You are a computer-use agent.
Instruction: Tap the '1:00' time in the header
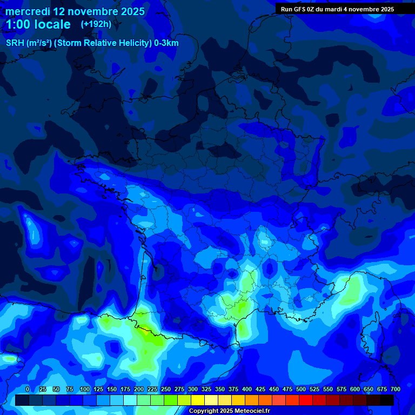[17, 24]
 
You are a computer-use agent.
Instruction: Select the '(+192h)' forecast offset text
[96, 24]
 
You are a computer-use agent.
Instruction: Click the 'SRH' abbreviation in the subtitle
[15, 43]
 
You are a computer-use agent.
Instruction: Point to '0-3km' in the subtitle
[166, 43]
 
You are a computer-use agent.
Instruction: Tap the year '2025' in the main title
[129, 11]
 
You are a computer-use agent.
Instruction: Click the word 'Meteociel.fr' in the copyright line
[248, 411]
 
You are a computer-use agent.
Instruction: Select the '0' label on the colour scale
[28, 390]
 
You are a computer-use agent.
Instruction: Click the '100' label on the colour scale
[85, 390]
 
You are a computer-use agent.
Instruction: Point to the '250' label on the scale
[166, 390]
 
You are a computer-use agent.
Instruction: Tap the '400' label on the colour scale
[247, 390]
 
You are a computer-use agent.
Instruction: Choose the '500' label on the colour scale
[301, 390]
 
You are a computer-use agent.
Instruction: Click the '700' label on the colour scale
[395, 390]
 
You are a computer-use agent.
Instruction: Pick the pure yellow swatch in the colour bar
[198, 400]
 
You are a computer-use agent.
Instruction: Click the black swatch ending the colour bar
[387, 400]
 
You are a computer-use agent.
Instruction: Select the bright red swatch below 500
[306, 400]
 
